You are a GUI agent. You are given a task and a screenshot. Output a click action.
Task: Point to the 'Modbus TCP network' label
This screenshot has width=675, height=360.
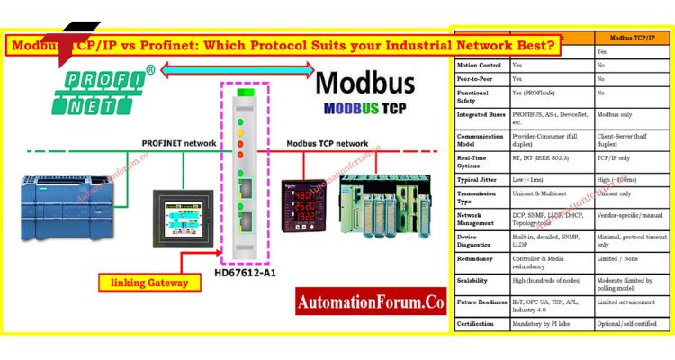click(x=328, y=143)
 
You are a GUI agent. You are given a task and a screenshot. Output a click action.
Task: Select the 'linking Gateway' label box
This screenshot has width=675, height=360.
click(x=149, y=283)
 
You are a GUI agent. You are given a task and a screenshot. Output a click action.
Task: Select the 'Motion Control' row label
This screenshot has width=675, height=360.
click(x=479, y=65)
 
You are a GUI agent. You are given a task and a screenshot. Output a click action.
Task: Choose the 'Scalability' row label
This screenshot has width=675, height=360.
click(x=475, y=281)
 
